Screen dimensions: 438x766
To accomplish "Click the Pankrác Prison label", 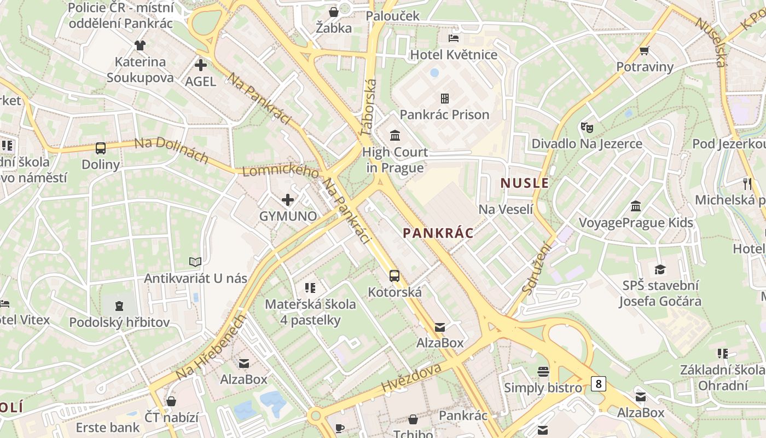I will coord(444,114).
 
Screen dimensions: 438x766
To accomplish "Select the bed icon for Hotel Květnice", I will coord(454,38).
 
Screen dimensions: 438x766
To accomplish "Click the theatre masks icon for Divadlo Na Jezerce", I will coord(587,128).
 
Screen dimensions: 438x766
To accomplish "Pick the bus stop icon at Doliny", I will coord(101,148).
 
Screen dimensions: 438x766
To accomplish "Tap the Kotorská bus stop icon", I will coord(394,275).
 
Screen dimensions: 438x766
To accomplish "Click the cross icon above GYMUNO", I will coord(288,200).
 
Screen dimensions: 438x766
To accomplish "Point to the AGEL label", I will coord(201,82).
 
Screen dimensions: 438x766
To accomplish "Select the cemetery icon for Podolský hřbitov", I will coord(119,306).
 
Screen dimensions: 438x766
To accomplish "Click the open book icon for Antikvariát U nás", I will coord(195,262).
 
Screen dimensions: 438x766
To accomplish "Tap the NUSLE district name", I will coord(525,183).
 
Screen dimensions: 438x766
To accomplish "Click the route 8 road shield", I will coord(599,384).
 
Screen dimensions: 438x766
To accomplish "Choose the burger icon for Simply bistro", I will coord(543,372).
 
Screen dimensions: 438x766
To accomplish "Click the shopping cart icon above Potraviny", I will coord(645,51).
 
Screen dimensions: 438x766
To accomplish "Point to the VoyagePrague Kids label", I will coord(636,223).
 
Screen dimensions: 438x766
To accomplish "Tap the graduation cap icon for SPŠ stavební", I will coord(660,269).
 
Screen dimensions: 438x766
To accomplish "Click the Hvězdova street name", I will coord(411,377).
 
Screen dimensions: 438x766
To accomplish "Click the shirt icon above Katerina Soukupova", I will coord(140,45).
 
